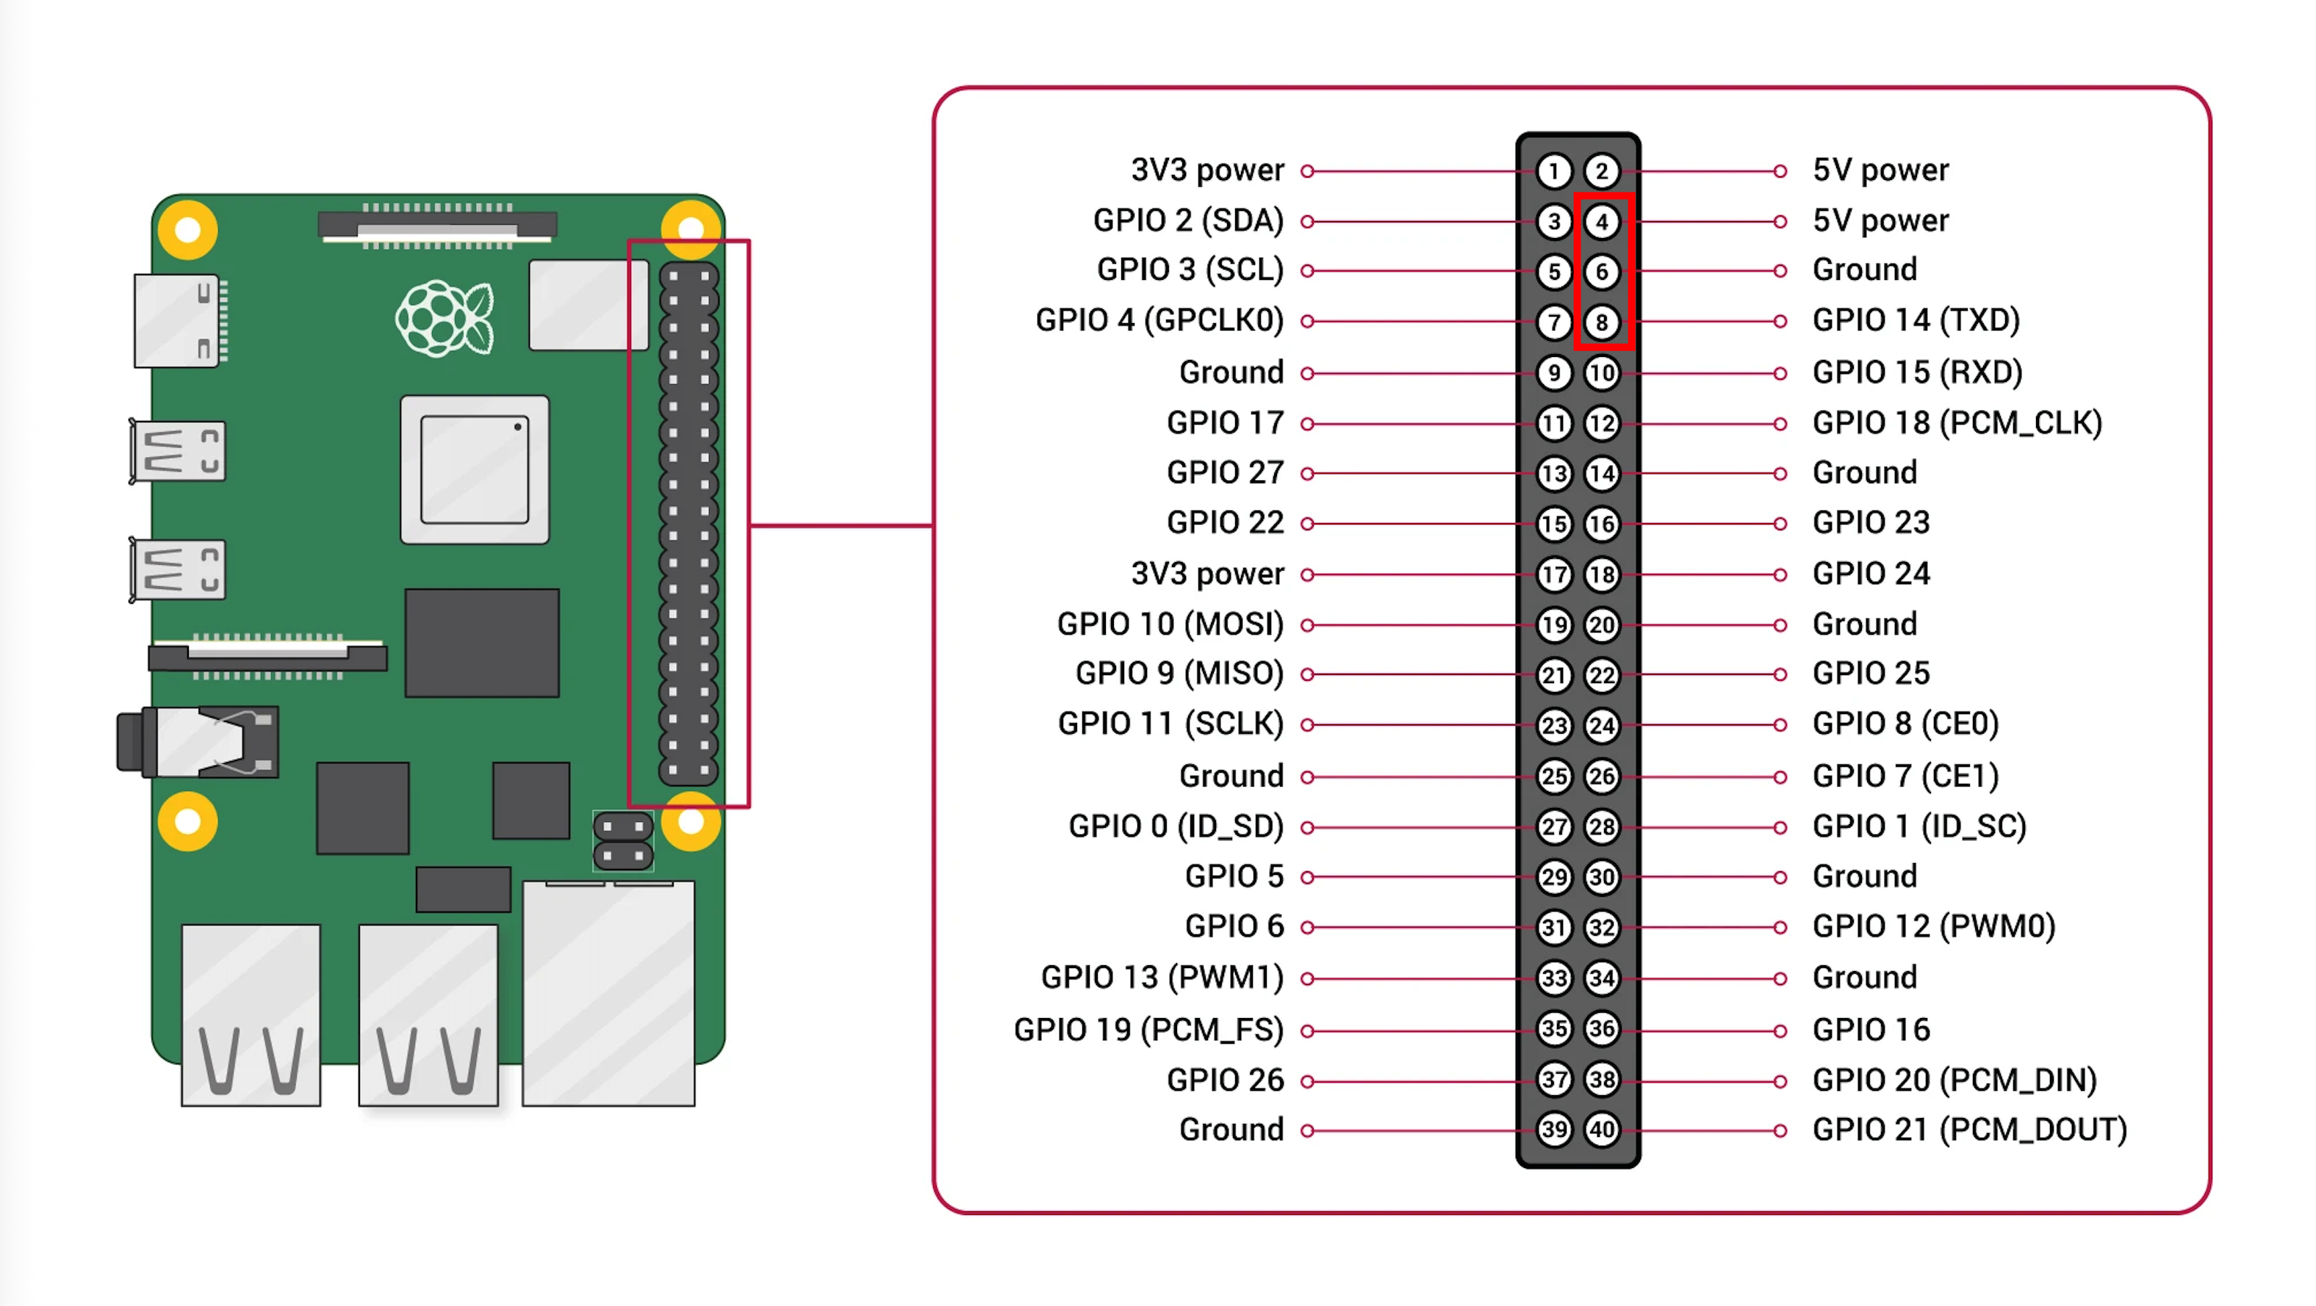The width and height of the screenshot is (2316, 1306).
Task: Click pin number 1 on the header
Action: tap(1553, 170)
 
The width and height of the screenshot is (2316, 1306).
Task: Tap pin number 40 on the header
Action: tap(1601, 1130)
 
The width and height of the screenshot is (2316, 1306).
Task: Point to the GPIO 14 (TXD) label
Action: tap(1916, 320)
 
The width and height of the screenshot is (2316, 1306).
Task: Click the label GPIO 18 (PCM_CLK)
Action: tap(1957, 422)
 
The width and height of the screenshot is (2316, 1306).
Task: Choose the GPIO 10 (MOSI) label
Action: tap(1170, 624)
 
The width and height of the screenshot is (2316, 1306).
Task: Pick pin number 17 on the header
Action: tap(1553, 574)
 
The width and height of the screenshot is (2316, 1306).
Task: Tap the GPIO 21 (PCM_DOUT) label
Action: tap(1969, 1130)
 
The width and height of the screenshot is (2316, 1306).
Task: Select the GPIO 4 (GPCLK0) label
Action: tap(1159, 320)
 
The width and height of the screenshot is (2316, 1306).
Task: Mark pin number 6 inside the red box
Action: tap(1601, 272)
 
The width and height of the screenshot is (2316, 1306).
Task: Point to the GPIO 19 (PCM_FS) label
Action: tap(1148, 1030)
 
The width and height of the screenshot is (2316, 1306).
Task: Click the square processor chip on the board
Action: tap(475, 469)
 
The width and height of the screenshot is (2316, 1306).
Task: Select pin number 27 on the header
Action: tap(1553, 827)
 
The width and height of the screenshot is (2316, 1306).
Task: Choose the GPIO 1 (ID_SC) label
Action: tap(1918, 827)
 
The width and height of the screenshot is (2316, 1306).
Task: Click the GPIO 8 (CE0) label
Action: tap(1905, 724)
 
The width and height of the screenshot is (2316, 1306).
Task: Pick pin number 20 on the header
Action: tap(1601, 624)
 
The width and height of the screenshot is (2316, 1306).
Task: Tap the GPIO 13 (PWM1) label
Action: tap(1162, 978)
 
